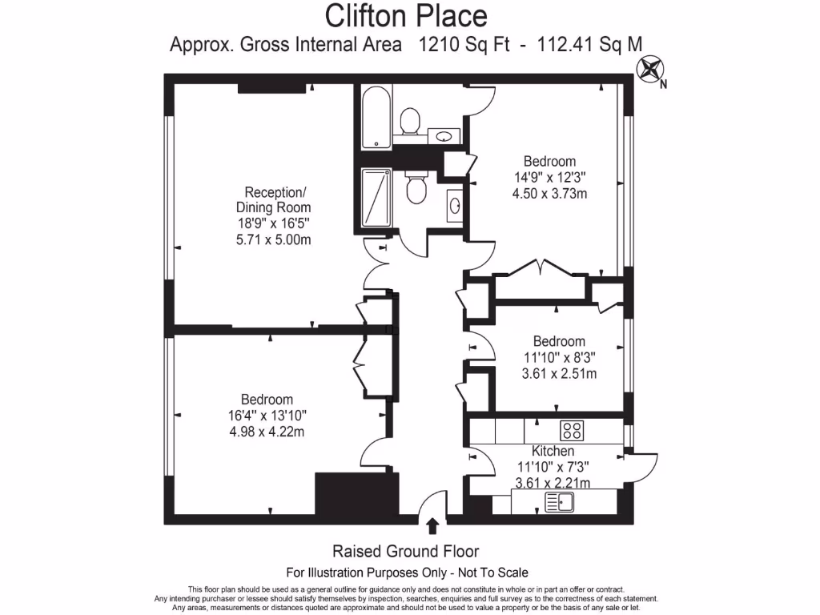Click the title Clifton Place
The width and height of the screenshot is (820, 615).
(x=406, y=15)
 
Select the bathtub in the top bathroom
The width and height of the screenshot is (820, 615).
(x=376, y=117)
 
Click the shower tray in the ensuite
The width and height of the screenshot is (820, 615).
(x=376, y=198)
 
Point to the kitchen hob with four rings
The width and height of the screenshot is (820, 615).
(x=572, y=430)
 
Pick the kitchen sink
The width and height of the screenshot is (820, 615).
(x=558, y=503)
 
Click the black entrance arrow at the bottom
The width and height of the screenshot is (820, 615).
(x=432, y=525)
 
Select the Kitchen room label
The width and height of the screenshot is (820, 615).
(x=553, y=452)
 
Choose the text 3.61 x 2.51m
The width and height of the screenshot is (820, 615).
(x=559, y=373)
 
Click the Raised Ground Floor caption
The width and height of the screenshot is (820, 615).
(x=406, y=552)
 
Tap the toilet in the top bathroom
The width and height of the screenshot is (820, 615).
(x=409, y=122)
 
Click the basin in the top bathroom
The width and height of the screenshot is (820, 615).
(x=443, y=136)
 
